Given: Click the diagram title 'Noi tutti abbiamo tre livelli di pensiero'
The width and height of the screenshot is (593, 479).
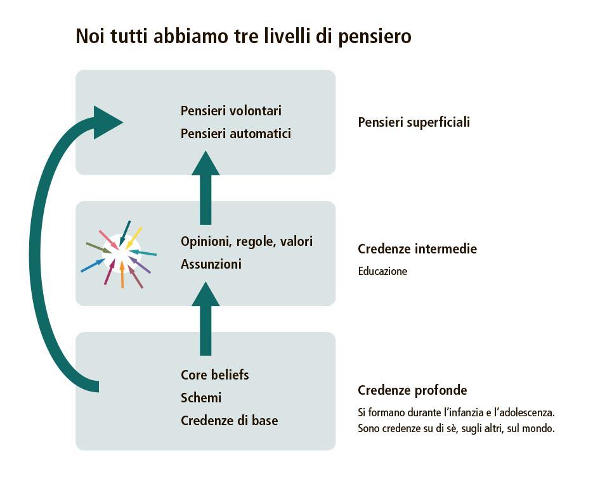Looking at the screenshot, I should click(x=244, y=36).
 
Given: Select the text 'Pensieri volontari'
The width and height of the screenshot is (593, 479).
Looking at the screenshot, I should click(x=231, y=111).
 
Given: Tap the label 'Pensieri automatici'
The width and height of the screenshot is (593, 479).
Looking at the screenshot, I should click(x=235, y=134).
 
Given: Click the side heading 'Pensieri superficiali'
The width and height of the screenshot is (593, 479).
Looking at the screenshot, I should click(x=414, y=122).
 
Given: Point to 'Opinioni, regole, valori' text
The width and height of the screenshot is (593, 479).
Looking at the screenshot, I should click(x=246, y=241).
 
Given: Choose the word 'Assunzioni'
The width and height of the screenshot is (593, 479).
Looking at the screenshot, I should click(x=211, y=264).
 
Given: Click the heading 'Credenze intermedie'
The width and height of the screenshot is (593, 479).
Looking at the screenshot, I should click(x=417, y=249).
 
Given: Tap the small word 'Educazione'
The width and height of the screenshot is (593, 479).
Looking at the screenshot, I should click(x=382, y=271).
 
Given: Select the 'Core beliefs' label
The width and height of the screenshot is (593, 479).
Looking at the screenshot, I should click(x=214, y=374).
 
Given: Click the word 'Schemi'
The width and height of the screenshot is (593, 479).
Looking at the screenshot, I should click(x=201, y=398).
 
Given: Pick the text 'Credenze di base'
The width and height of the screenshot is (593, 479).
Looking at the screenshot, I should click(x=229, y=421).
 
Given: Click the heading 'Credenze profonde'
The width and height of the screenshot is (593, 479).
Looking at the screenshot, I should click(x=412, y=390).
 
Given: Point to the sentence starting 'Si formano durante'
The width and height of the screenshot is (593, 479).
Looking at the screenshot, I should click(x=456, y=412).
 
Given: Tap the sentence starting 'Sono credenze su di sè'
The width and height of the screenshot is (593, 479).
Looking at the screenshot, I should click(x=456, y=428).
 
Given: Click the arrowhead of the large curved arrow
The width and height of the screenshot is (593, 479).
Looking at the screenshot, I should click(x=106, y=122).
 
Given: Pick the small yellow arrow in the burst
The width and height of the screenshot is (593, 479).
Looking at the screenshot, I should click(x=134, y=238).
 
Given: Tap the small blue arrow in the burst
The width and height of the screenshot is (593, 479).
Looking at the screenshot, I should click(x=93, y=265).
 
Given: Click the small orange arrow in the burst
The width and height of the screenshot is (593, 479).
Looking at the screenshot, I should click(x=122, y=274).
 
